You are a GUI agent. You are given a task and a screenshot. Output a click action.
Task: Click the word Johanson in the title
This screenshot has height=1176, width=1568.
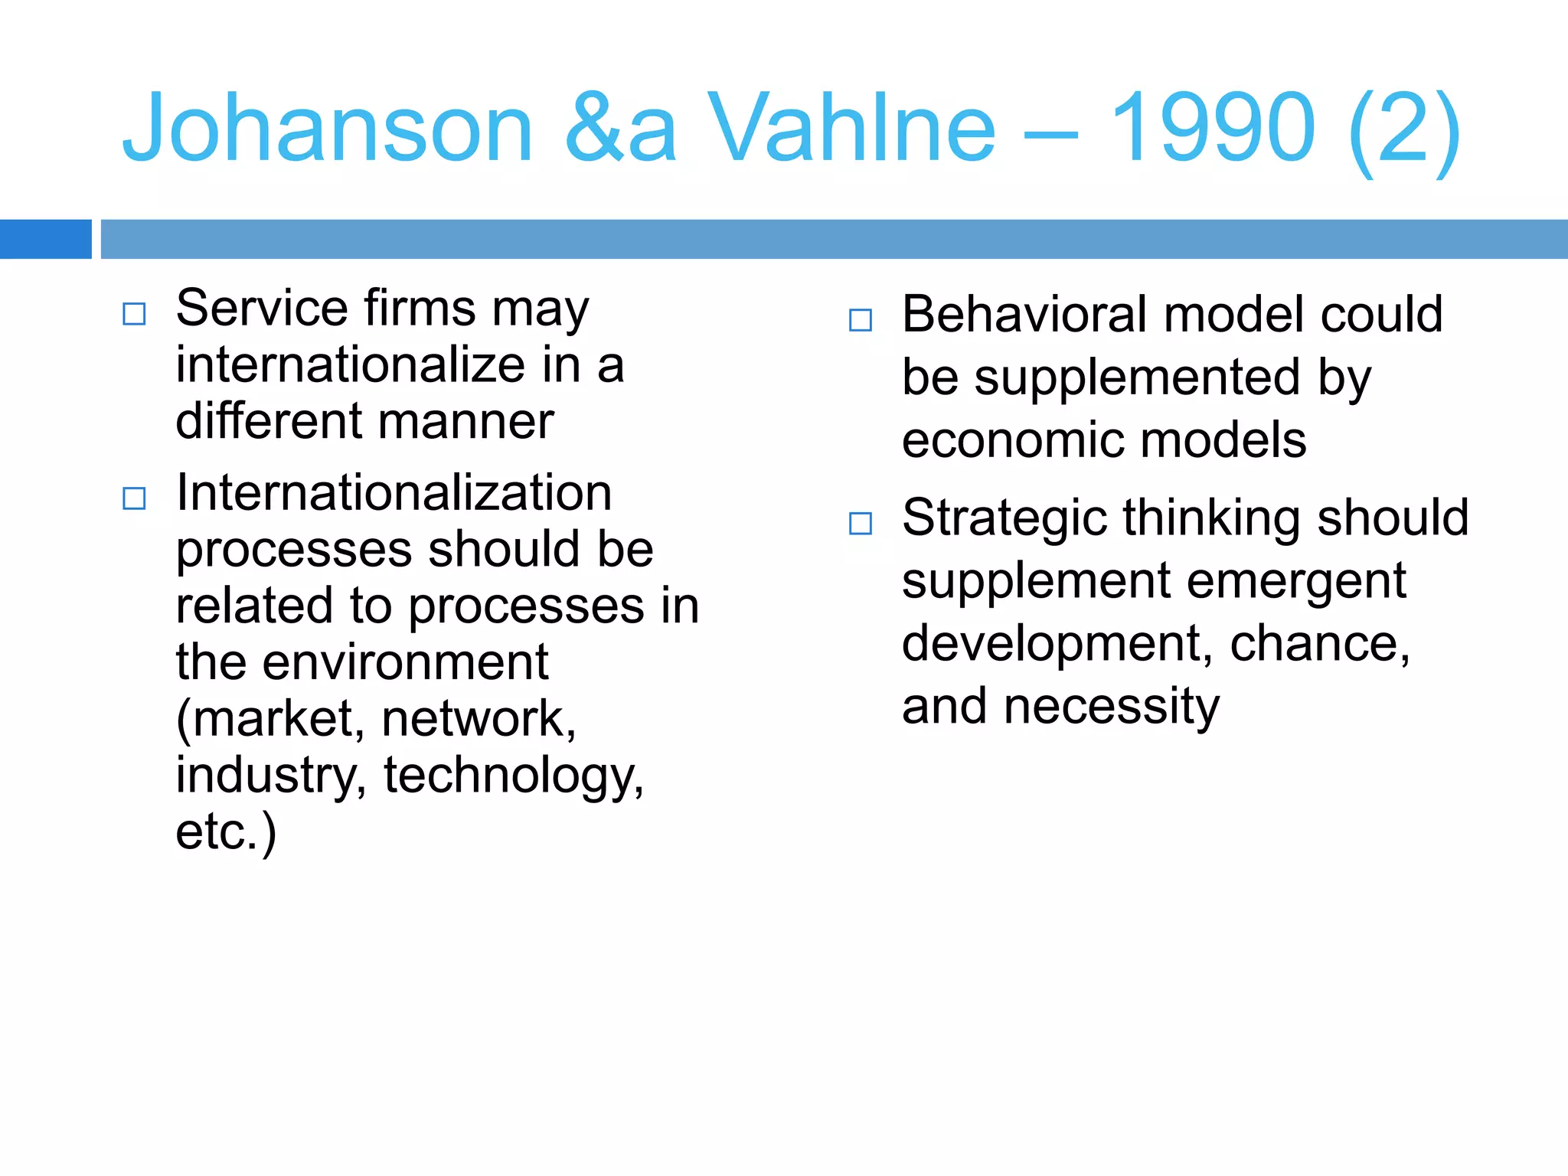coord(328,129)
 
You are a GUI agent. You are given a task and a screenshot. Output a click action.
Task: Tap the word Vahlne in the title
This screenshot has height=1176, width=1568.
coord(851,129)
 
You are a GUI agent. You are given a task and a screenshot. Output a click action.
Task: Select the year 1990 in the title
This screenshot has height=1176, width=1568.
coord(1212,129)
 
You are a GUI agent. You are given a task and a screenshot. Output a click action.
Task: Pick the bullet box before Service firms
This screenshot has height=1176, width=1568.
coord(134,314)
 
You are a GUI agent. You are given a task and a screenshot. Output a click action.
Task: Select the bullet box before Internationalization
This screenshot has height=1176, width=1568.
coord(134,498)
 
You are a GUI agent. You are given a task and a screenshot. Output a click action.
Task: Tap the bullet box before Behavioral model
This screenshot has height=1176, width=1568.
coord(861,320)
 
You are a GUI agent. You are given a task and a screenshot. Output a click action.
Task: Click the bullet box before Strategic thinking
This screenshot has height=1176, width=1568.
coord(861,524)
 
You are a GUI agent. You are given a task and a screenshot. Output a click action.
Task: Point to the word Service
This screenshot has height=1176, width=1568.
coord(262,309)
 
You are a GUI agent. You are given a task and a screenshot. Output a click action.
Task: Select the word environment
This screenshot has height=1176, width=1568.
coord(405,662)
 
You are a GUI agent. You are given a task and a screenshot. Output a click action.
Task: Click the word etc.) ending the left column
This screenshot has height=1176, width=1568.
coord(226,832)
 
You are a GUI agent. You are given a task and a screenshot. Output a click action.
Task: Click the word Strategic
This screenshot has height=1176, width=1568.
coord(1004,519)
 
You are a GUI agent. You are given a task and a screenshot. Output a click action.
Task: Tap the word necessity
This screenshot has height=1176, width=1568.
coord(1112,707)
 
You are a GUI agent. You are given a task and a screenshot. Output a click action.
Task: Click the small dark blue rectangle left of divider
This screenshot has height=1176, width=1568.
coord(45,239)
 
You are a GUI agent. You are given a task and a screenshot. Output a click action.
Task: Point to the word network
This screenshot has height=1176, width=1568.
coord(478,719)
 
